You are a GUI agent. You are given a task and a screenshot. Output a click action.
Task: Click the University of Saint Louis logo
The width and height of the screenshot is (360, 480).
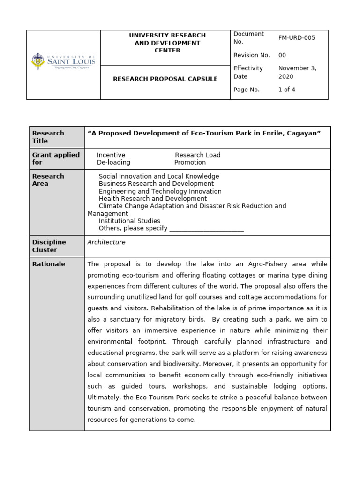tap(63, 61)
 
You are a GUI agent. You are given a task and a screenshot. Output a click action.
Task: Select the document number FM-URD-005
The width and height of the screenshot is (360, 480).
tap(297, 38)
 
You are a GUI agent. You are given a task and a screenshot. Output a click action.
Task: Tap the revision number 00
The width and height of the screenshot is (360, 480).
tap(282, 55)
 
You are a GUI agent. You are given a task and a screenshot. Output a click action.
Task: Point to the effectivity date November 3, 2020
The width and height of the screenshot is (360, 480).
tap(297, 72)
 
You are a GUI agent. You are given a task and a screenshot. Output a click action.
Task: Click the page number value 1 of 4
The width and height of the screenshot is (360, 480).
tap(287, 90)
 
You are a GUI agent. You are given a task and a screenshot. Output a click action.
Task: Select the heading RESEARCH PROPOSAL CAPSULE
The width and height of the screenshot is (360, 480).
tap(165, 79)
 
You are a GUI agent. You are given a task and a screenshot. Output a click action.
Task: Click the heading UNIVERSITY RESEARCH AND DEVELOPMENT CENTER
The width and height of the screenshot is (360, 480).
tap(167, 43)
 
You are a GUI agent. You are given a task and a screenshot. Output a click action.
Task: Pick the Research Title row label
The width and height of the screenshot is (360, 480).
tap(48, 137)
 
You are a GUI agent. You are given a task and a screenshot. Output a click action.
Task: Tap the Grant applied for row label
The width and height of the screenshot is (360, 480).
tap(56, 158)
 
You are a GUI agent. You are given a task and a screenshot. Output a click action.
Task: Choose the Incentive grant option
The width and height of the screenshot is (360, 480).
tap(111, 155)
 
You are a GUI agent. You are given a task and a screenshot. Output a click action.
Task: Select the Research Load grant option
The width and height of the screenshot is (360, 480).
tap(197, 155)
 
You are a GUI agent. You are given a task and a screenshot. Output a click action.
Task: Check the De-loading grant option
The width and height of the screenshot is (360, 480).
tap(113, 162)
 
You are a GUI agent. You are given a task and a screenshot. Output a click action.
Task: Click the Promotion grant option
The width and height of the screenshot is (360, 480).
tap(190, 162)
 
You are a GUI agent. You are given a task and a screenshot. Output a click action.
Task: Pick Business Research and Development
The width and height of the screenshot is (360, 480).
tap(156, 184)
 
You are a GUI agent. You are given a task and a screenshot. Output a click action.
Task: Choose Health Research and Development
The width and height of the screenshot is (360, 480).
tap(152, 199)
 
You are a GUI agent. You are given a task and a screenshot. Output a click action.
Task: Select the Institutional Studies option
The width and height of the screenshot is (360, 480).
tap(129, 221)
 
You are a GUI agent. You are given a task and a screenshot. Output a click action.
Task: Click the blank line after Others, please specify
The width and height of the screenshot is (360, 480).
tap(206, 229)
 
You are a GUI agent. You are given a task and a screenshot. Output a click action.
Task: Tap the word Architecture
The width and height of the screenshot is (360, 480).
tap(106, 242)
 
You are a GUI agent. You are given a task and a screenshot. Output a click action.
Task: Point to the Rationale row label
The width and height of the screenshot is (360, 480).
tap(49, 264)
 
